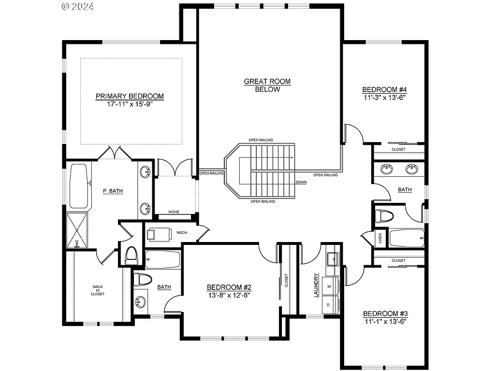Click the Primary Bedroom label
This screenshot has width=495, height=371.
click(130, 96)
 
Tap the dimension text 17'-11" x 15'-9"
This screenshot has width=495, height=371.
click(130, 104)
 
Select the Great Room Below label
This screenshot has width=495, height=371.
click(267, 85)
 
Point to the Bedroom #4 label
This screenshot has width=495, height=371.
click(384, 89)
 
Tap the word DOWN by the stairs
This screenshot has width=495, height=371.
click(301, 182)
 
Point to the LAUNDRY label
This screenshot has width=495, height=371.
click(316, 285)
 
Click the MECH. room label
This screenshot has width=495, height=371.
click(182, 233)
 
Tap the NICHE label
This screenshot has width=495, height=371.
click(174, 212)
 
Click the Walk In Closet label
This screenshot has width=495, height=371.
click(98, 290)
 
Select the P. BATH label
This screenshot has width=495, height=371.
click(113, 191)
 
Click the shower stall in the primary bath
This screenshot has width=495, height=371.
click(77, 230)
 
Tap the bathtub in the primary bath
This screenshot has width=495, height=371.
click(78, 186)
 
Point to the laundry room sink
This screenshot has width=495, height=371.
click(333, 259)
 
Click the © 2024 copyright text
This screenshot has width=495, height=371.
click(78, 6)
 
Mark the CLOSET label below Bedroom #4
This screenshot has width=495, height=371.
click(398, 150)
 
